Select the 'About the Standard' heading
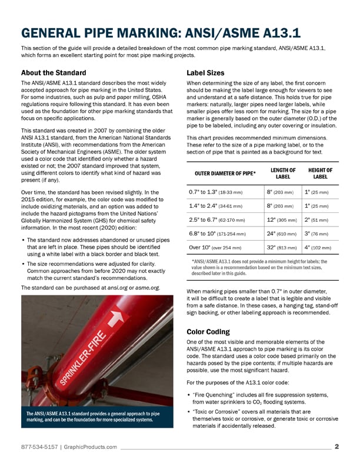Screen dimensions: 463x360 [55, 73]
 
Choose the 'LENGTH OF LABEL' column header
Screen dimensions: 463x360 [284, 173]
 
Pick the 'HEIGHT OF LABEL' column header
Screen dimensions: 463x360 [320, 173]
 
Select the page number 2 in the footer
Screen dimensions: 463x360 [336, 446]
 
